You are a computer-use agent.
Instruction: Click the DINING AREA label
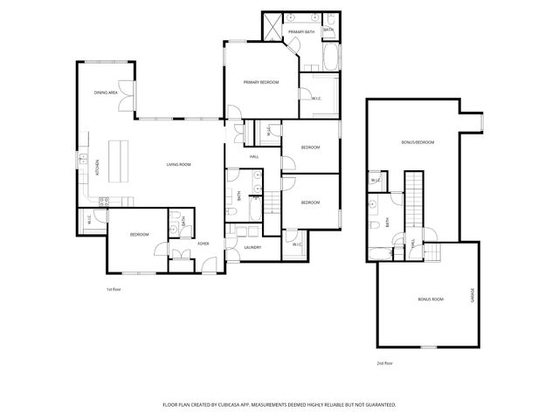pyautogui.click(x=107, y=92)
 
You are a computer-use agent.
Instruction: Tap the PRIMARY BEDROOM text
pyautogui.click(x=260, y=82)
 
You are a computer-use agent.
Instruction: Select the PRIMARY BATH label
pyautogui.click(x=301, y=33)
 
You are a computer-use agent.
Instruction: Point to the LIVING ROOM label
pyautogui.click(x=179, y=164)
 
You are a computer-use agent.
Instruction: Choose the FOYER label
pyautogui.click(x=203, y=243)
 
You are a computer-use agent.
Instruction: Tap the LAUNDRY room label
pyautogui.click(x=253, y=247)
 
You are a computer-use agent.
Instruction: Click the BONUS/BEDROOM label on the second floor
pyautogui.click(x=418, y=142)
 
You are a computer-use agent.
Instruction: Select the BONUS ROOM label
pyautogui.click(x=431, y=299)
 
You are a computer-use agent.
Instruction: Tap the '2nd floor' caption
pyautogui.click(x=384, y=362)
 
